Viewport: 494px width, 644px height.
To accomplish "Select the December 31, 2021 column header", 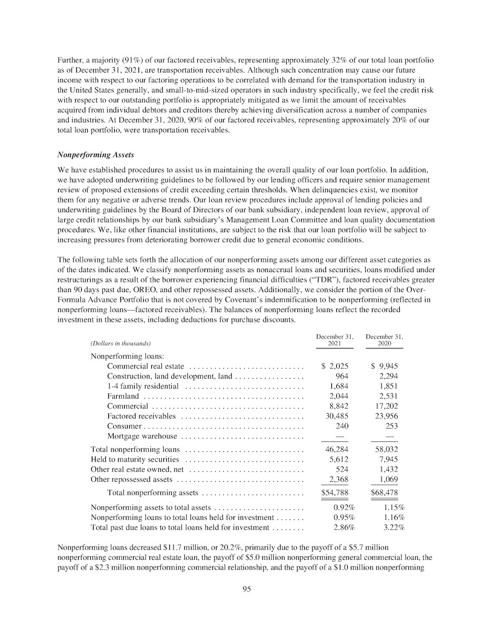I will (x=335, y=340).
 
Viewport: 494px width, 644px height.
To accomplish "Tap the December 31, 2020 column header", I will (x=384, y=340).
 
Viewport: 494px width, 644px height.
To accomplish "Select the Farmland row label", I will (x=123, y=396).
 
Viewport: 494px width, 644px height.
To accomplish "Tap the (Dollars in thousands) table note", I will (x=120, y=343).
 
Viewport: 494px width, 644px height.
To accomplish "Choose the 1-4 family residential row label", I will (x=143, y=386).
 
